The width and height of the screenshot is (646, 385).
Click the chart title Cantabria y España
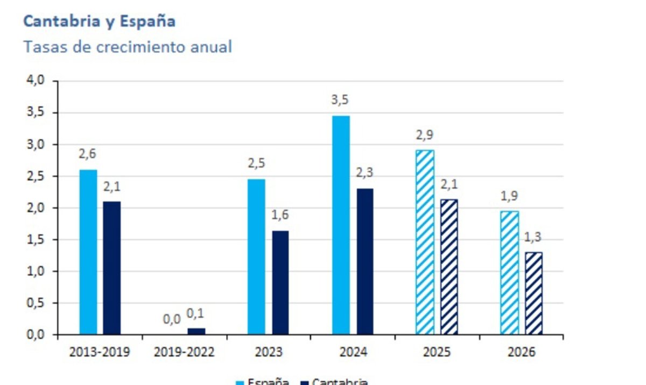point(100,22)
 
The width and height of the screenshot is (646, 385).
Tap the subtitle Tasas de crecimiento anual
point(128,47)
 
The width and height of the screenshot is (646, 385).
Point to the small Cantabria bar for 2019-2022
point(196,331)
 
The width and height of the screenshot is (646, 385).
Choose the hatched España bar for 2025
point(425,242)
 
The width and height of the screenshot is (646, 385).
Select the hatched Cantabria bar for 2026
point(533,293)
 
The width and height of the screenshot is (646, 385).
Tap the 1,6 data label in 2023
point(280,215)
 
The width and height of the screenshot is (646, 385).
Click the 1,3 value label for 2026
point(533,237)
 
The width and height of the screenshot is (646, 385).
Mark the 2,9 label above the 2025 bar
point(425,134)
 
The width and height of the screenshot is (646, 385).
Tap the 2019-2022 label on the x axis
point(184,352)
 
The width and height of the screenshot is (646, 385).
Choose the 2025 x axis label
point(437,352)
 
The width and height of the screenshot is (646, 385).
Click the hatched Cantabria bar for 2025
point(449,267)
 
